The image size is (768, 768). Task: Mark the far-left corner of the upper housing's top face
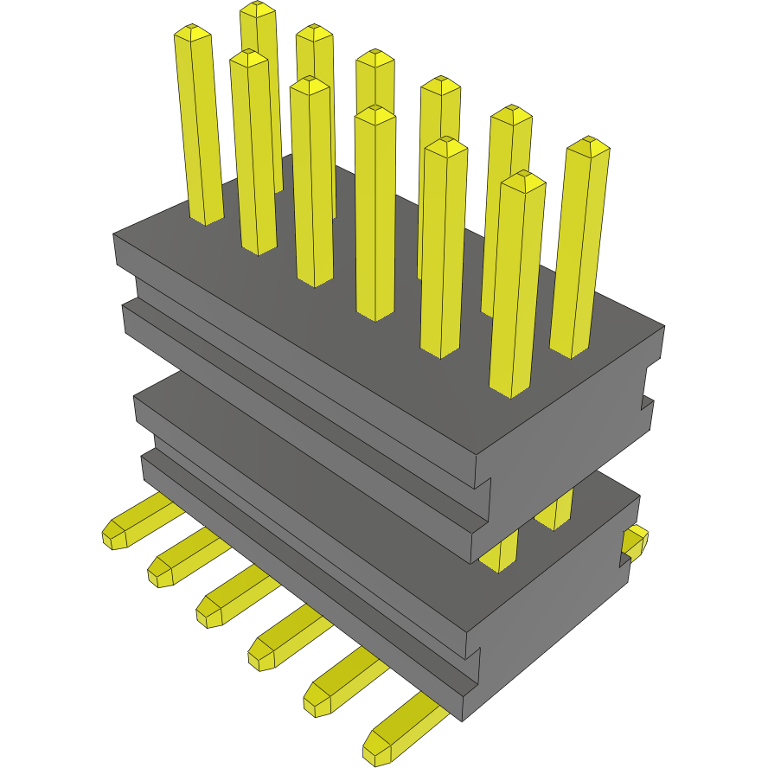[115, 234]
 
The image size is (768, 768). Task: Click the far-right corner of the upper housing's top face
[663, 327]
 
